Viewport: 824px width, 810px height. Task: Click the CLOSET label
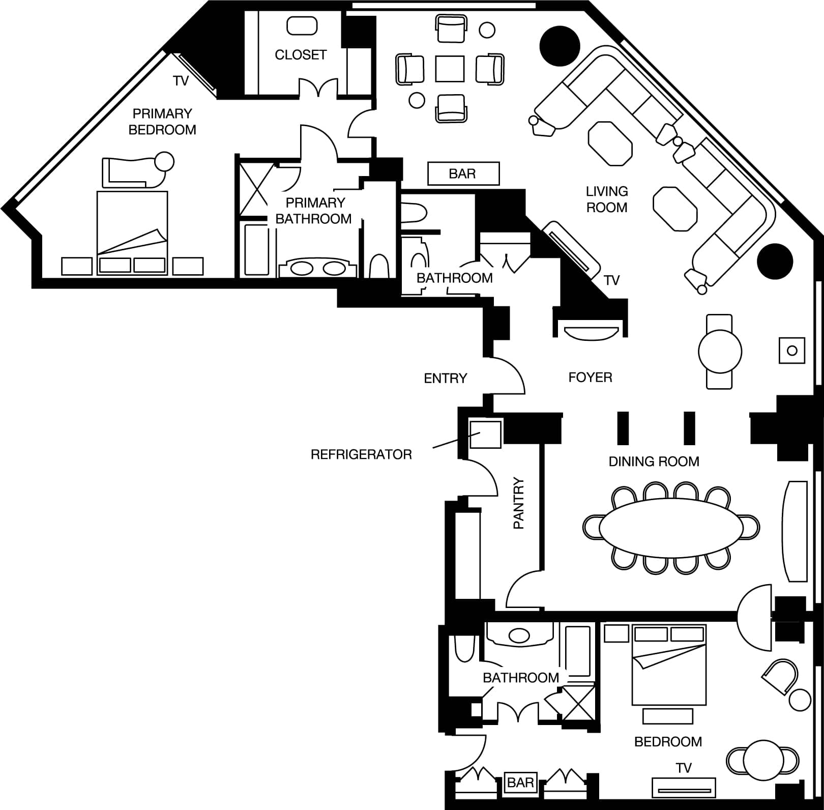click(301, 55)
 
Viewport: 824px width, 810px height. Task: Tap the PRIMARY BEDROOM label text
click(162, 122)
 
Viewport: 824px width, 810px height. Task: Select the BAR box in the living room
click(463, 173)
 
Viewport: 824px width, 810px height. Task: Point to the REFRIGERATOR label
click(361, 454)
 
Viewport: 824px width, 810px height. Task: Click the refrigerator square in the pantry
click(485, 433)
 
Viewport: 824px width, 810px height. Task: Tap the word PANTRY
click(518, 503)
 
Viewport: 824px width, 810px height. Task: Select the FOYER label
click(590, 378)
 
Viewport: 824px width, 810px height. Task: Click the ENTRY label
click(446, 378)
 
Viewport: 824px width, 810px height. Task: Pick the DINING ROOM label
click(654, 461)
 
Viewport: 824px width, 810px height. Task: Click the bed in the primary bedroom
click(132, 233)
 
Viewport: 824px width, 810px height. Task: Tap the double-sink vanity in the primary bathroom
click(317, 268)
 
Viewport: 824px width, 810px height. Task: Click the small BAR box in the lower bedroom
click(520, 782)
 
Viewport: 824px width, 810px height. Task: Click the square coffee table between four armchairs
click(450, 69)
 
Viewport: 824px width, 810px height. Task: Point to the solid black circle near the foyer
click(775, 262)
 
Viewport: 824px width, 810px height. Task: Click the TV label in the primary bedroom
click(181, 81)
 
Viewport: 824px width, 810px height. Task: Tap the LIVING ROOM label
click(607, 199)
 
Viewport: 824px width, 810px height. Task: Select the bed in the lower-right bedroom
click(669, 665)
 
